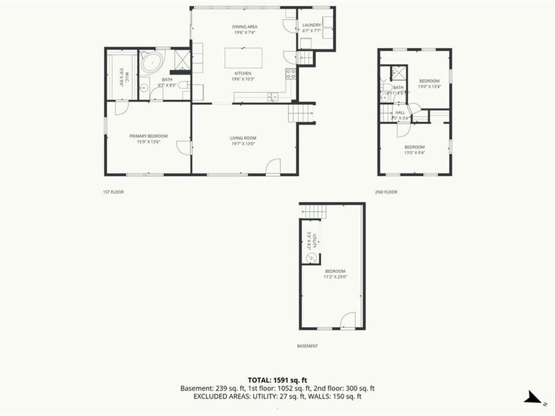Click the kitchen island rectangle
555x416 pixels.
click(244, 58)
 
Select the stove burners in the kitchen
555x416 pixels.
click(290, 74)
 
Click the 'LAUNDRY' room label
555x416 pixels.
click(311, 25)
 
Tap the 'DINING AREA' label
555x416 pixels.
click(244, 27)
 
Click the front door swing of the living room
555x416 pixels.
click(273, 166)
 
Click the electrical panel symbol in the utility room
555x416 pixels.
click(311, 258)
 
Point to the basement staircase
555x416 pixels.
click(313, 212)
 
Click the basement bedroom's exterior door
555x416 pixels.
click(348, 320)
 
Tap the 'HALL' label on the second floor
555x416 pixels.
click(400, 113)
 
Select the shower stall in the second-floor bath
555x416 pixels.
click(398, 73)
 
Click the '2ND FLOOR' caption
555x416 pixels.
click(386, 192)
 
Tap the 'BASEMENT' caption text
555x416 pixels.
click(307, 346)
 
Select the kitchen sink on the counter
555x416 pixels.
click(271, 96)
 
